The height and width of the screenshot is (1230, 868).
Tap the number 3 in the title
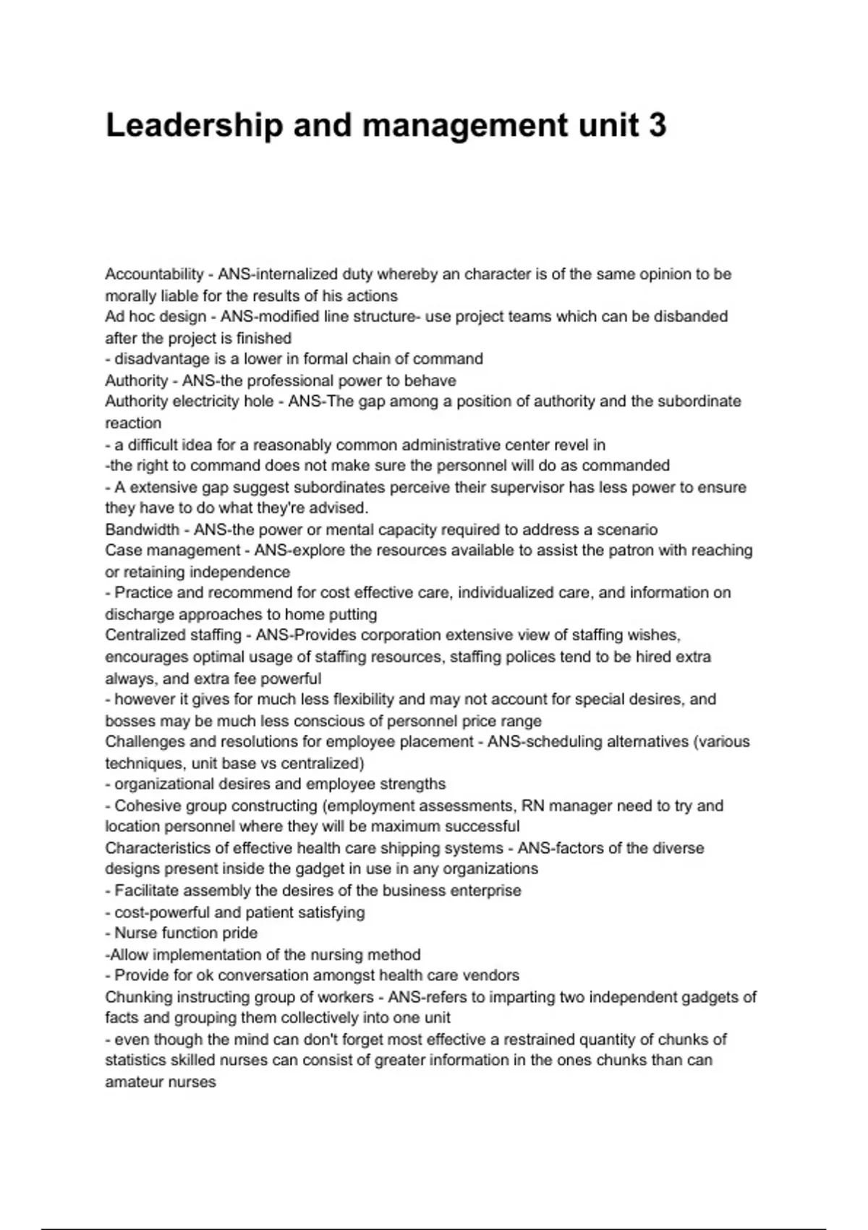click(657, 126)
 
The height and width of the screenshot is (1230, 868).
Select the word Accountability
click(154, 274)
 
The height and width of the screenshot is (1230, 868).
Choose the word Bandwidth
click(142, 530)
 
